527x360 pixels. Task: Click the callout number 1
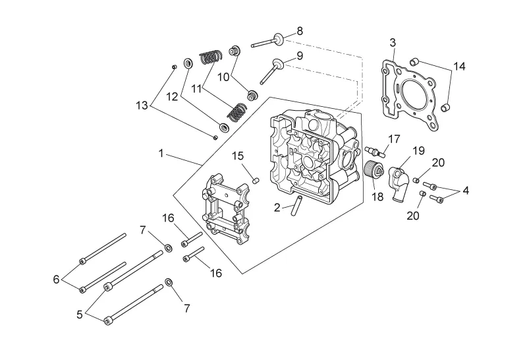pos(161,153)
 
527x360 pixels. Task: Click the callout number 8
pos(300,31)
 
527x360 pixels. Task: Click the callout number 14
pos(459,67)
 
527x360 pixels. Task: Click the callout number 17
pos(394,138)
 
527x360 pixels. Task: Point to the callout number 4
pos(465,191)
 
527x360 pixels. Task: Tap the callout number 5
pos(80,315)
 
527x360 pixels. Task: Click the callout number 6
pos(56,279)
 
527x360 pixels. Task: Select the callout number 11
pos(196,88)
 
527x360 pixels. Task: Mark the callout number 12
pos(171,96)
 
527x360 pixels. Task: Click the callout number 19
pos(418,151)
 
